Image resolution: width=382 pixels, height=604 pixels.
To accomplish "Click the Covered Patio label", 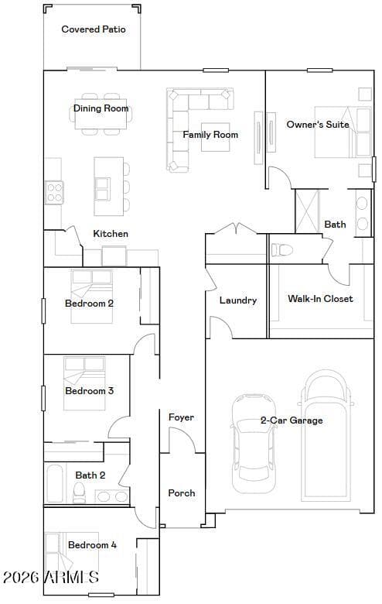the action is [x=94, y=29].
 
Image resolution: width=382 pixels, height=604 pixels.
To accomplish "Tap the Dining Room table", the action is [x=101, y=114].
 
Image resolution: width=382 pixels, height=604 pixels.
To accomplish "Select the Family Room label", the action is [x=210, y=135].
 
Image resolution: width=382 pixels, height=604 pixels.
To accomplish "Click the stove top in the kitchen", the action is [x=54, y=193].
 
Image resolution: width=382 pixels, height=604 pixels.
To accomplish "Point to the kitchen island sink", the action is [x=102, y=189].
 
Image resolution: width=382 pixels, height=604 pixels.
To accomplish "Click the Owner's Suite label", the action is [x=318, y=125].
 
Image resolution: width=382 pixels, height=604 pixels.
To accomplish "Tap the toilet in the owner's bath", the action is [x=282, y=250].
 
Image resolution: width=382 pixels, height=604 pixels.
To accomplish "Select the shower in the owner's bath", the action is [x=307, y=211].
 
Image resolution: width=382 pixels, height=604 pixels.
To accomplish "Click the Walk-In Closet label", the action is [x=320, y=299].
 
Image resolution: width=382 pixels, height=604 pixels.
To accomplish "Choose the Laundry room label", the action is [x=238, y=300].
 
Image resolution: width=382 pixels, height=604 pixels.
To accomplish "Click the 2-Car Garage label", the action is [x=292, y=420].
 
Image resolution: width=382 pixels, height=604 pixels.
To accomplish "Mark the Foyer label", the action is [x=181, y=417].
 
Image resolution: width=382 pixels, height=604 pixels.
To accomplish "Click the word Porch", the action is [x=182, y=493].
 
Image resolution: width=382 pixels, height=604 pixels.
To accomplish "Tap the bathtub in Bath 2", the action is [x=55, y=484].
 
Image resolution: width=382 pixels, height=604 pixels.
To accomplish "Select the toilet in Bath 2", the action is [x=79, y=492].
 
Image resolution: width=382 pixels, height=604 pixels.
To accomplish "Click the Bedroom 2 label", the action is [x=89, y=304].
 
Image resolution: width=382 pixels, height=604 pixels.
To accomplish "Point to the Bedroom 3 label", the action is [x=89, y=391].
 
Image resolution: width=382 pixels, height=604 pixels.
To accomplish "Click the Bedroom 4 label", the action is [x=92, y=545].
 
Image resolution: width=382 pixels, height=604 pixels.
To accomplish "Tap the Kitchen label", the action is [x=111, y=234].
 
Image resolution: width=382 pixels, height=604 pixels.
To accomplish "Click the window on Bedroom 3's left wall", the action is [x=43, y=398].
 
